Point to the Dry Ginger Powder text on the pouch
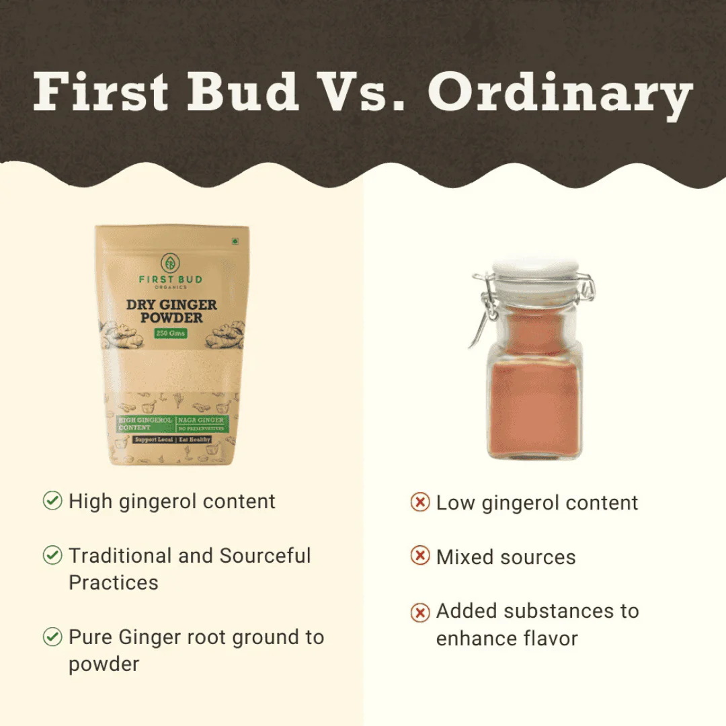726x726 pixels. [171, 311]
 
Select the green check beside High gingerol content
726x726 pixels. [52, 501]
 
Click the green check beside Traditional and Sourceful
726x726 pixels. [52, 555]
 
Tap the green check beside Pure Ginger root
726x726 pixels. [52, 637]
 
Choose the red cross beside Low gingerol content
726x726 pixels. [419, 503]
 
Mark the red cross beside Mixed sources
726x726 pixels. [419, 557]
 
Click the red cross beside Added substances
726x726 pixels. [419, 612]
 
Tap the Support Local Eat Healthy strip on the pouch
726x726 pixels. [171, 439]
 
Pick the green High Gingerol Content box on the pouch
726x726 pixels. [145, 424]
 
